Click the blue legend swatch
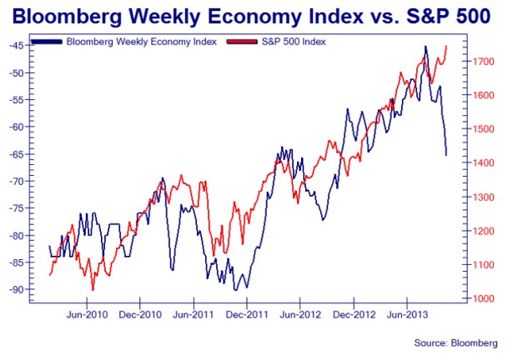pos(49,40)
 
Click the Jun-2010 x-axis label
pos(87,315)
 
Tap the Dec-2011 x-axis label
pos(246,315)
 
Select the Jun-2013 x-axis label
pos(405,315)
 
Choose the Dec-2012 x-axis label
pos(353,315)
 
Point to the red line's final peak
pos(446,46)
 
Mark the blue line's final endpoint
pos(446,155)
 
